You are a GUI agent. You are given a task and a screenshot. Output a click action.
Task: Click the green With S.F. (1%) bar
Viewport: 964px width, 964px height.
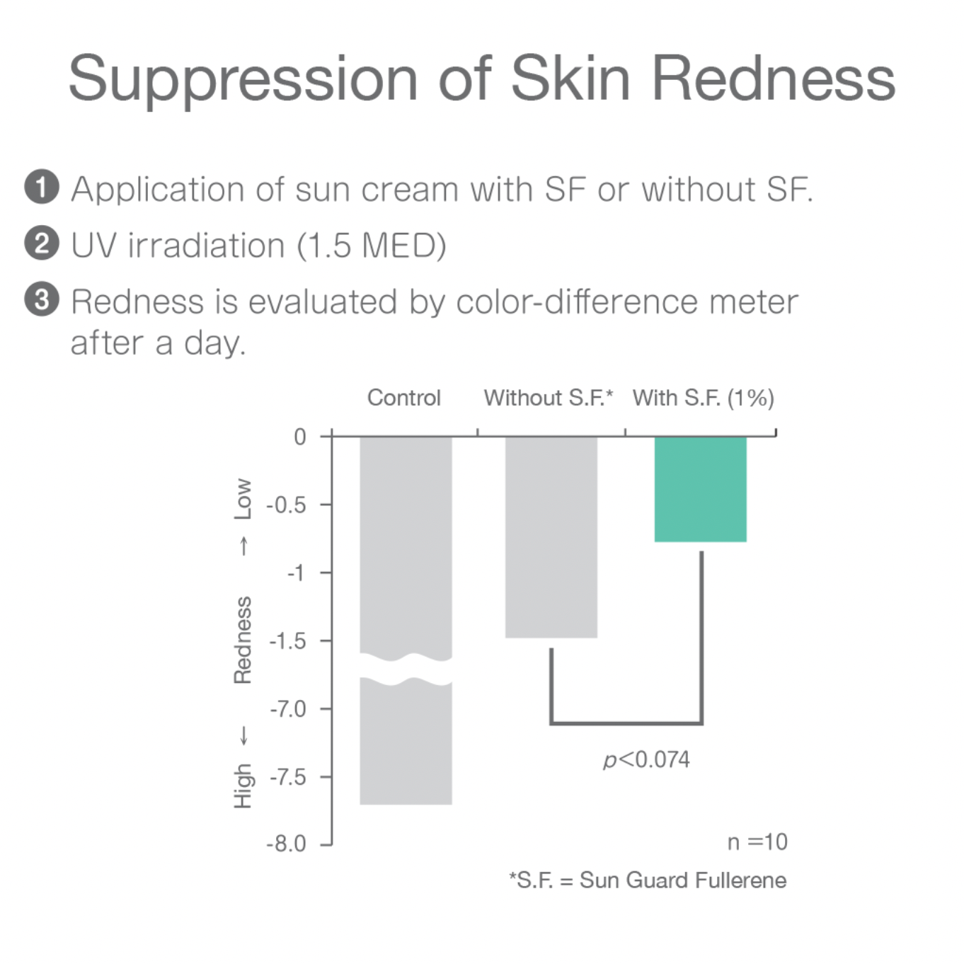(701, 489)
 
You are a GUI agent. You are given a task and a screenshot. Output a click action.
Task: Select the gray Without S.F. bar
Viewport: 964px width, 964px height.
(551, 537)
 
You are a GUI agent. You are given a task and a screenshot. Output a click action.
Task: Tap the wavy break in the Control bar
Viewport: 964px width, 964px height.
(406, 669)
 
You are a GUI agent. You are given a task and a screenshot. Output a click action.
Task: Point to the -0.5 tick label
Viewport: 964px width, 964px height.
(286, 505)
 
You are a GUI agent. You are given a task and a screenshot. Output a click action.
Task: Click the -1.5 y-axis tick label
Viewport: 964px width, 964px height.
(287, 641)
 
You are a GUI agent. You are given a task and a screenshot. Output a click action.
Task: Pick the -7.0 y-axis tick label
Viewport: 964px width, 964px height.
(287, 709)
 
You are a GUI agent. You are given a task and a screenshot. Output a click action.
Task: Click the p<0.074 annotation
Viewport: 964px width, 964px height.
(647, 760)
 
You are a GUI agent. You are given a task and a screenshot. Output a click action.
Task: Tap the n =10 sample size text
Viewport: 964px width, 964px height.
(757, 842)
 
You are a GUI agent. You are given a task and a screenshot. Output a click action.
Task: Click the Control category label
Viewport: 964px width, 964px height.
(404, 398)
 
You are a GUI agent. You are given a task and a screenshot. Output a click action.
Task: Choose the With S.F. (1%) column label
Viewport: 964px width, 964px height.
(704, 398)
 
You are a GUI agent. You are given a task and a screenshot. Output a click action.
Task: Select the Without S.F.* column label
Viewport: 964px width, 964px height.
(549, 398)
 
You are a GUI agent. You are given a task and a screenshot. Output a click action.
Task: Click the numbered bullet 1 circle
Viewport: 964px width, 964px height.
(42, 187)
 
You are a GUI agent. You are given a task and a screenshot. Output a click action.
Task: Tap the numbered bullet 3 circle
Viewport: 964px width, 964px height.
(42, 299)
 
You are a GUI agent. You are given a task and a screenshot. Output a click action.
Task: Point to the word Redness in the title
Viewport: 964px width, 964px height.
(774, 79)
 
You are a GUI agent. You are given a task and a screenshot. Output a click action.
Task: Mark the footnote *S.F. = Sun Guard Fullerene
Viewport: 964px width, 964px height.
(648, 880)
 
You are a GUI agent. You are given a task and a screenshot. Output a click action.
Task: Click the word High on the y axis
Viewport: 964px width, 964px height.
(243, 786)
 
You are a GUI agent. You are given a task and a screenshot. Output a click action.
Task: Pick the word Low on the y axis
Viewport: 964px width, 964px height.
(243, 499)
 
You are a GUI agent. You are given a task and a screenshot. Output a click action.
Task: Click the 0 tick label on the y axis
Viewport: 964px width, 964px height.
(299, 437)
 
